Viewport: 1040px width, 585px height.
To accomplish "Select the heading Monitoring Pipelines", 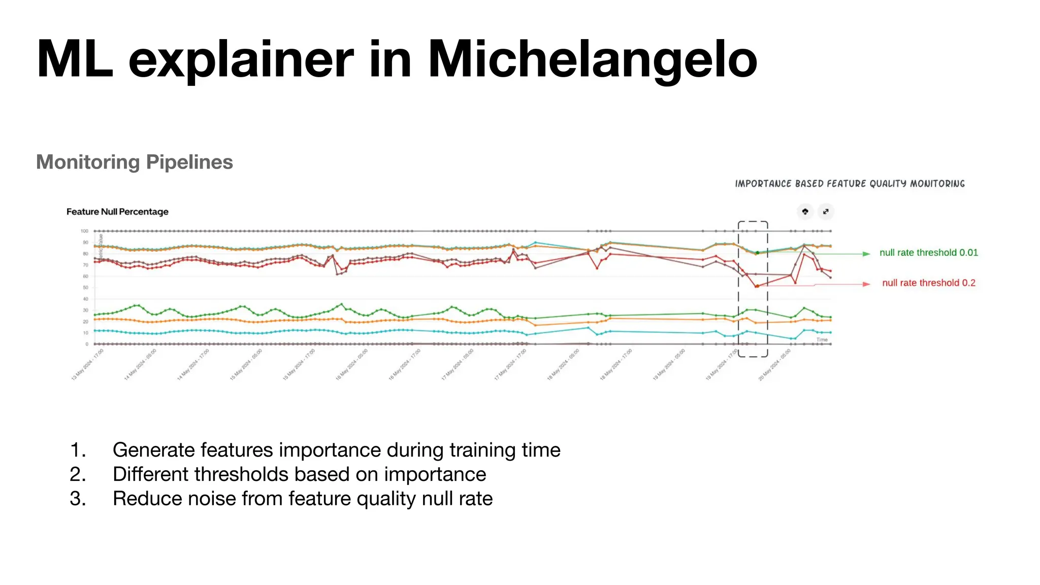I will [135, 162].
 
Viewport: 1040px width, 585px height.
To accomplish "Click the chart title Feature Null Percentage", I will [117, 212].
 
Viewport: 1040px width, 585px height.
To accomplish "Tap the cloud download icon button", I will [805, 212].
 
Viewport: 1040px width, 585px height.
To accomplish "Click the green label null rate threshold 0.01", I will [928, 253].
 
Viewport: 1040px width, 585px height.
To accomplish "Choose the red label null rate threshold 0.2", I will [928, 283].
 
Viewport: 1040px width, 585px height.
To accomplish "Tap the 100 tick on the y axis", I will [84, 231].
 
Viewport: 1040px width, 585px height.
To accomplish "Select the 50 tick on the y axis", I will [85, 288].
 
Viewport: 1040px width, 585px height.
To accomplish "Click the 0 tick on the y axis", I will [87, 344].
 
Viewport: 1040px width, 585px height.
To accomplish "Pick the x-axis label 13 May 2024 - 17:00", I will [87, 365].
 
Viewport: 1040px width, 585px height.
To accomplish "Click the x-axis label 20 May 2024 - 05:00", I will [774, 365].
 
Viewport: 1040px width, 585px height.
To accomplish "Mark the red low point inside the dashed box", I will [757, 286].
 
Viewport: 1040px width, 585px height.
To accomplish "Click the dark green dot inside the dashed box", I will [757, 253].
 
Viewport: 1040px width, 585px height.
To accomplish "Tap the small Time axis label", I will [822, 340].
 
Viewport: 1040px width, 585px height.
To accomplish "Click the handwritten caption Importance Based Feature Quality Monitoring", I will [850, 184].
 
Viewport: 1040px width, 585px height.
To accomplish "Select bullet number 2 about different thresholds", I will [299, 474].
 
